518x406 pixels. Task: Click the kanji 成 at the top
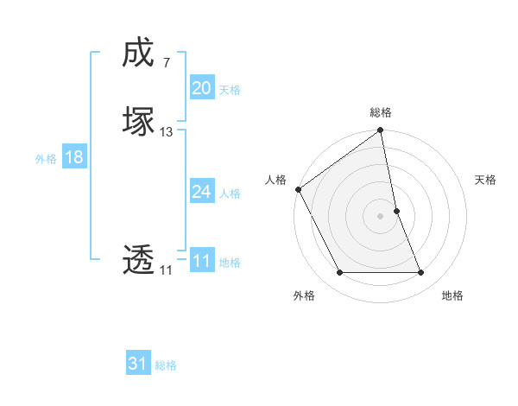click(138, 54)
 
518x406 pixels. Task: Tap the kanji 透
click(138, 259)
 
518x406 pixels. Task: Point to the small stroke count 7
click(166, 63)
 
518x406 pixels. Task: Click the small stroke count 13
click(167, 132)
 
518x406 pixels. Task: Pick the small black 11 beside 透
click(166, 270)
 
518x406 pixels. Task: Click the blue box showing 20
click(201, 88)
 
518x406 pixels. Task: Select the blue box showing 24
click(201, 192)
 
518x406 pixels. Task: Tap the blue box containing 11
click(201, 261)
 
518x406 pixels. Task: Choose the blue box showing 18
click(74, 157)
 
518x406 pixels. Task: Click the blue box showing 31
click(138, 365)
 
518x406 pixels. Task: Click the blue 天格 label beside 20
click(230, 90)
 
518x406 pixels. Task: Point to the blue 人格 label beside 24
click(230, 193)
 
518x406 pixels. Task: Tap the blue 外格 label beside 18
click(46, 159)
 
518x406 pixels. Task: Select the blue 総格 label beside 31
click(166, 366)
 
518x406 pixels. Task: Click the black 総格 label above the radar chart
click(381, 112)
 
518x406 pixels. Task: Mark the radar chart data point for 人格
click(299, 189)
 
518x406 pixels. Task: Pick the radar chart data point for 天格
click(396, 211)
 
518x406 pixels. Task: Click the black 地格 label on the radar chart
click(452, 295)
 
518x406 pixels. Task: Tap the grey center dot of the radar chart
click(381, 216)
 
